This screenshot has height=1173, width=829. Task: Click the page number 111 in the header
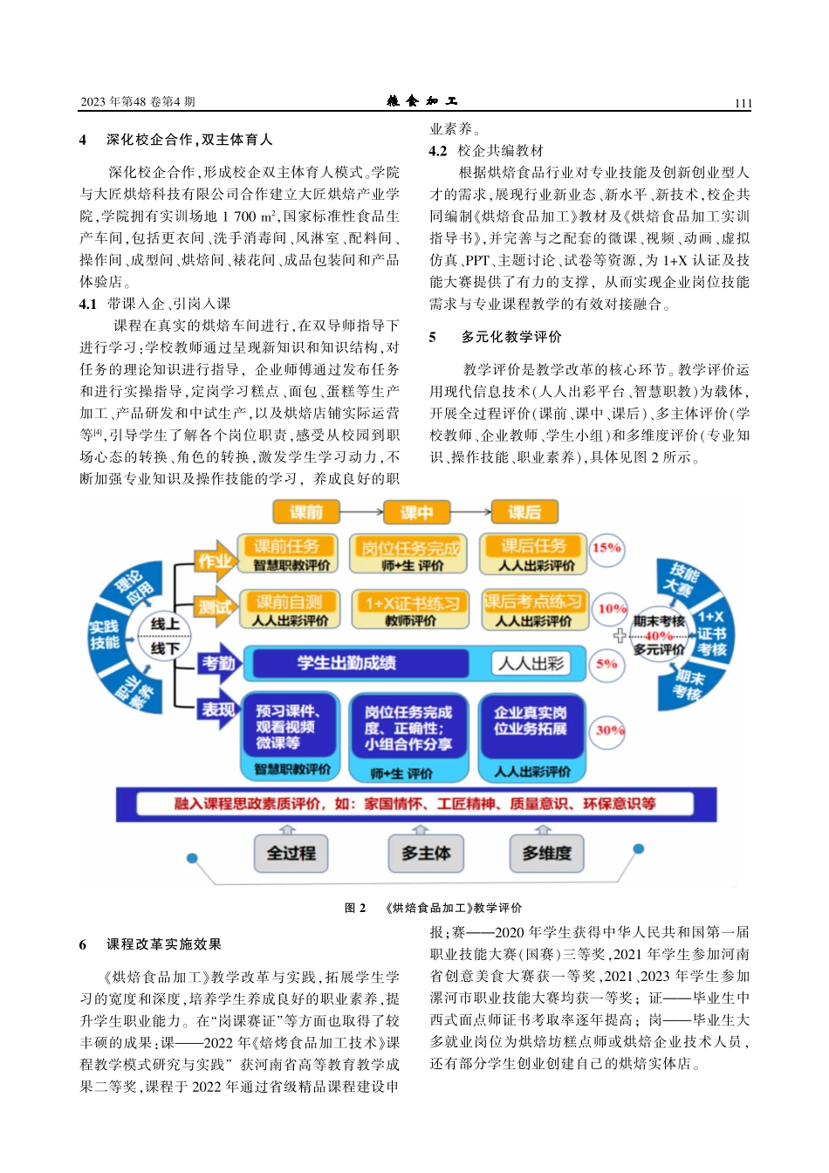pyautogui.click(x=743, y=103)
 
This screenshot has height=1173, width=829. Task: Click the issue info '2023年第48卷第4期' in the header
pyautogui.click(x=138, y=102)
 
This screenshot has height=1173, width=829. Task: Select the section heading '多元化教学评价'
pyautogui.click(x=511, y=337)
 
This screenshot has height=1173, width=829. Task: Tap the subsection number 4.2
pyautogui.click(x=438, y=151)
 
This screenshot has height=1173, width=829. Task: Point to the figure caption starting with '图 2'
pyautogui.click(x=433, y=908)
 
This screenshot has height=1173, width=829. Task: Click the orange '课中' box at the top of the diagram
pyautogui.click(x=416, y=512)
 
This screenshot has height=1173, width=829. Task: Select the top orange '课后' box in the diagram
pyautogui.click(x=524, y=512)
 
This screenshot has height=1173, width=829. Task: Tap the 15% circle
pyautogui.click(x=606, y=548)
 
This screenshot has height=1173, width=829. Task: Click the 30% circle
pyautogui.click(x=609, y=730)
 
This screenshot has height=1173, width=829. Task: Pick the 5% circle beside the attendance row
pyautogui.click(x=606, y=663)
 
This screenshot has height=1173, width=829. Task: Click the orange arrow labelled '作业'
pyautogui.click(x=215, y=561)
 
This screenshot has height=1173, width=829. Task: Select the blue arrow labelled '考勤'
pyautogui.click(x=218, y=663)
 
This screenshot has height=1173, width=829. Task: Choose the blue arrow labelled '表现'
pyautogui.click(x=218, y=710)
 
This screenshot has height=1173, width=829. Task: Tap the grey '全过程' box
pyautogui.click(x=291, y=853)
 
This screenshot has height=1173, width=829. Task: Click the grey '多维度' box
pyautogui.click(x=546, y=853)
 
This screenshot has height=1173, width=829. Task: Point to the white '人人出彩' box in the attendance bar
pyautogui.click(x=531, y=663)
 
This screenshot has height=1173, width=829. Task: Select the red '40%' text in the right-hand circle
pyautogui.click(x=658, y=636)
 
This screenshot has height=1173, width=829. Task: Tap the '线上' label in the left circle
pyautogui.click(x=165, y=623)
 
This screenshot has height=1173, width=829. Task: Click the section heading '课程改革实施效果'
pyautogui.click(x=164, y=944)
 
